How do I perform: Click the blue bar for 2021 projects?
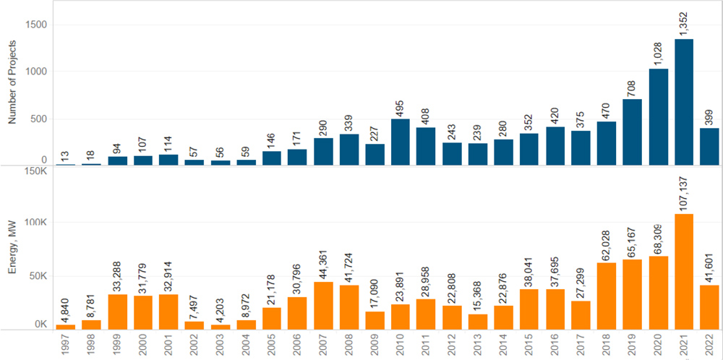click(x=684, y=102)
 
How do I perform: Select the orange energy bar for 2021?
click(x=684, y=272)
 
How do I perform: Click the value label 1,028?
click(x=658, y=51)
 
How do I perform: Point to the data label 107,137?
click(x=684, y=196)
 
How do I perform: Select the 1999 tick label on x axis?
click(x=117, y=346)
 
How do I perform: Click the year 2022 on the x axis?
click(x=709, y=346)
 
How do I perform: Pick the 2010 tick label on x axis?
click(x=401, y=346)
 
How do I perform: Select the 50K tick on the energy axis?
click(x=35, y=276)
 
